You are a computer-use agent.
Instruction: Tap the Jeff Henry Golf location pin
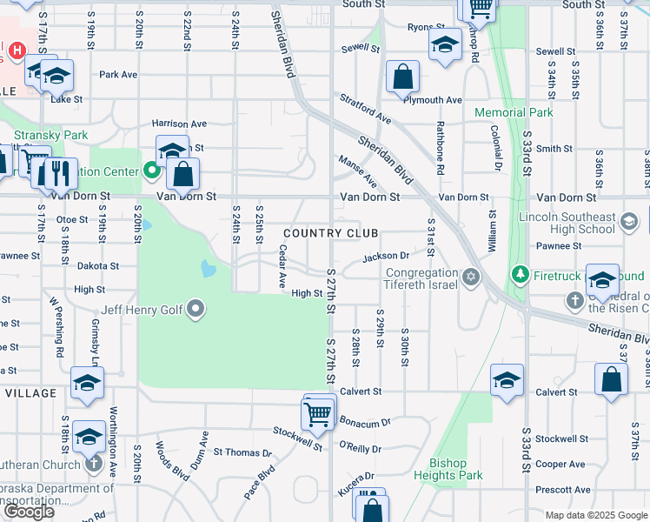pyautogui.click(x=196, y=308)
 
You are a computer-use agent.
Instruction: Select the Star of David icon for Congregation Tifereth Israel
pyautogui.click(x=471, y=278)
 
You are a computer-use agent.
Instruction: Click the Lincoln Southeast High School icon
pyautogui.click(x=628, y=222)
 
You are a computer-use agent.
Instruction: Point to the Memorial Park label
pyautogui.click(x=514, y=112)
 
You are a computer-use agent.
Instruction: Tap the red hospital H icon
pyautogui.click(x=16, y=51)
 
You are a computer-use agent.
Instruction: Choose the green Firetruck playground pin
pyautogui.click(x=521, y=276)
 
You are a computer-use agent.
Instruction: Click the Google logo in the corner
pyautogui.click(x=29, y=512)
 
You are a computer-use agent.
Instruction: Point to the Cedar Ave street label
pyautogui.click(x=282, y=266)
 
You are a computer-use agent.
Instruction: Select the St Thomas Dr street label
pyautogui.click(x=242, y=452)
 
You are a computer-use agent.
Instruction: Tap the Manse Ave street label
pyautogui.click(x=357, y=171)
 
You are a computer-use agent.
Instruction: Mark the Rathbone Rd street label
pyautogui.click(x=441, y=151)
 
